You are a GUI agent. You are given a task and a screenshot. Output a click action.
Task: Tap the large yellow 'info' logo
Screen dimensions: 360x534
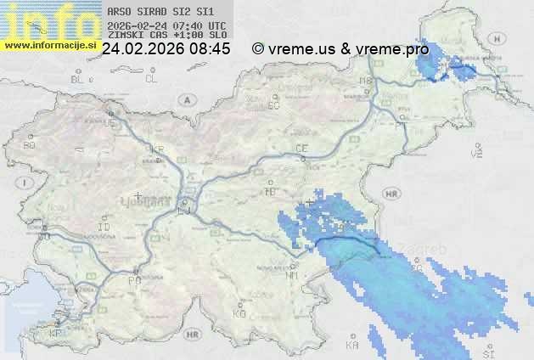click(49, 21)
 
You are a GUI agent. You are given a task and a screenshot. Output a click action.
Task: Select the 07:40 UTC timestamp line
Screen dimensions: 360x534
click(166, 26)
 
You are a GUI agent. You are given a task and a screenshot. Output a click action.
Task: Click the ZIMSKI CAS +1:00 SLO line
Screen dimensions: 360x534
click(166, 36)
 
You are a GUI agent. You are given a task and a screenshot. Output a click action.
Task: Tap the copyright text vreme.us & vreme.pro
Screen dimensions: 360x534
click(341, 49)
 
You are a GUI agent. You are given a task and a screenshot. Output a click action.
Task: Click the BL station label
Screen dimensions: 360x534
click(76, 79)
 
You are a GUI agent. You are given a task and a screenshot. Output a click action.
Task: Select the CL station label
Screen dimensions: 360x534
click(151, 79)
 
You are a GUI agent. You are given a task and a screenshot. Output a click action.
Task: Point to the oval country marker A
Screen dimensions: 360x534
click(185, 99)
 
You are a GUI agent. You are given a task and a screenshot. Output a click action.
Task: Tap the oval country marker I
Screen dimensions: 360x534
click(26, 183)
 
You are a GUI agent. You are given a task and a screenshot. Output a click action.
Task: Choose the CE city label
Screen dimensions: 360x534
click(301, 149)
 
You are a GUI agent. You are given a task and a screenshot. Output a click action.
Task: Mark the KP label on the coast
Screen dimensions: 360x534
click(55, 333)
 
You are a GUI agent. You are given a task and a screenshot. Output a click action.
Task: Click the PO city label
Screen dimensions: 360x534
click(133, 279)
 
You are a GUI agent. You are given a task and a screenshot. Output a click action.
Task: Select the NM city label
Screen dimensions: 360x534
click(292, 275)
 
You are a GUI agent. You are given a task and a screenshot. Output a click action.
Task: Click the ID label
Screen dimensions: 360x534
click(104, 228)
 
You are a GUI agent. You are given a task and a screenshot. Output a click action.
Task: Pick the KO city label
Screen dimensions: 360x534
click(239, 313)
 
